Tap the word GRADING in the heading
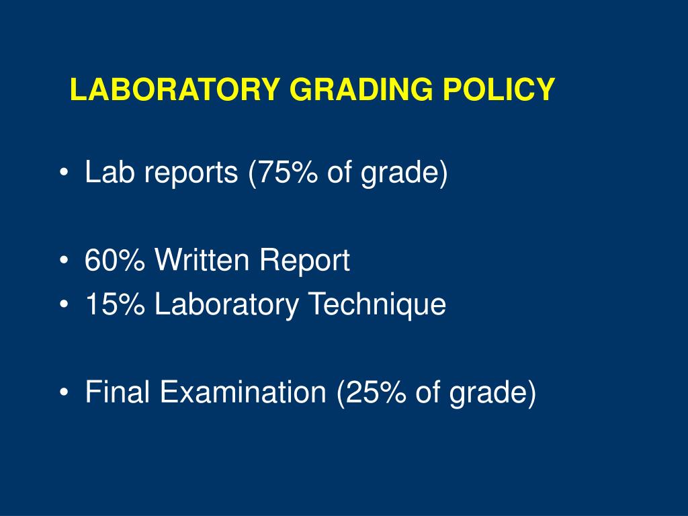(x=361, y=89)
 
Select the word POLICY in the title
(x=499, y=89)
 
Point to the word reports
(x=191, y=173)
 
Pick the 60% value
(x=114, y=260)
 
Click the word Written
(x=202, y=259)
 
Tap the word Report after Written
(x=304, y=260)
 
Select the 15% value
(x=115, y=304)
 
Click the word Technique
(x=378, y=304)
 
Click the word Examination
(x=243, y=392)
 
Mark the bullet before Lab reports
(x=64, y=172)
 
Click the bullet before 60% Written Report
(x=64, y=260)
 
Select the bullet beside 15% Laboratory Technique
(x=64, y=304)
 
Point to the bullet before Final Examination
(x=64, y=392)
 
